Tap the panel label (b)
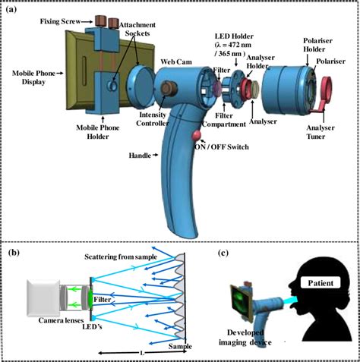point(14,251)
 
